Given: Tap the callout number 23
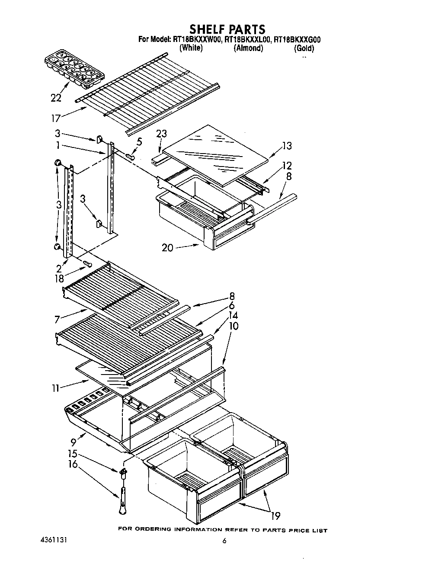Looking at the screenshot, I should click(x=161, y=134).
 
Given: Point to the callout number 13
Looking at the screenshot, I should click(x=286, y=146).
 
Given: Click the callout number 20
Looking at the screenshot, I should click(x=168, y=248).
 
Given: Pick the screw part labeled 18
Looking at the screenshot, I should click(x=87, y=263).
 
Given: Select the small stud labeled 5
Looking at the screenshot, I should click(x=130, y=156).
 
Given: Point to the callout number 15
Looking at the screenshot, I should click(x=73, y=454).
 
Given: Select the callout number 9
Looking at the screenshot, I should click(x=74, y=442).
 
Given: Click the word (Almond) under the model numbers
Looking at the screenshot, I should click(x=248, y=48).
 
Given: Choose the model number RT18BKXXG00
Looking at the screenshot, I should click(x=297, y=40).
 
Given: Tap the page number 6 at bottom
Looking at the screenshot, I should click(x=224, y=541).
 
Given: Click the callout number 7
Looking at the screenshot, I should click(x=57, y=320).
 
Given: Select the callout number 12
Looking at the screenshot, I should click(x=287, y=165).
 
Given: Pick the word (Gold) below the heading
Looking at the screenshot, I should click(x=304, y=48).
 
